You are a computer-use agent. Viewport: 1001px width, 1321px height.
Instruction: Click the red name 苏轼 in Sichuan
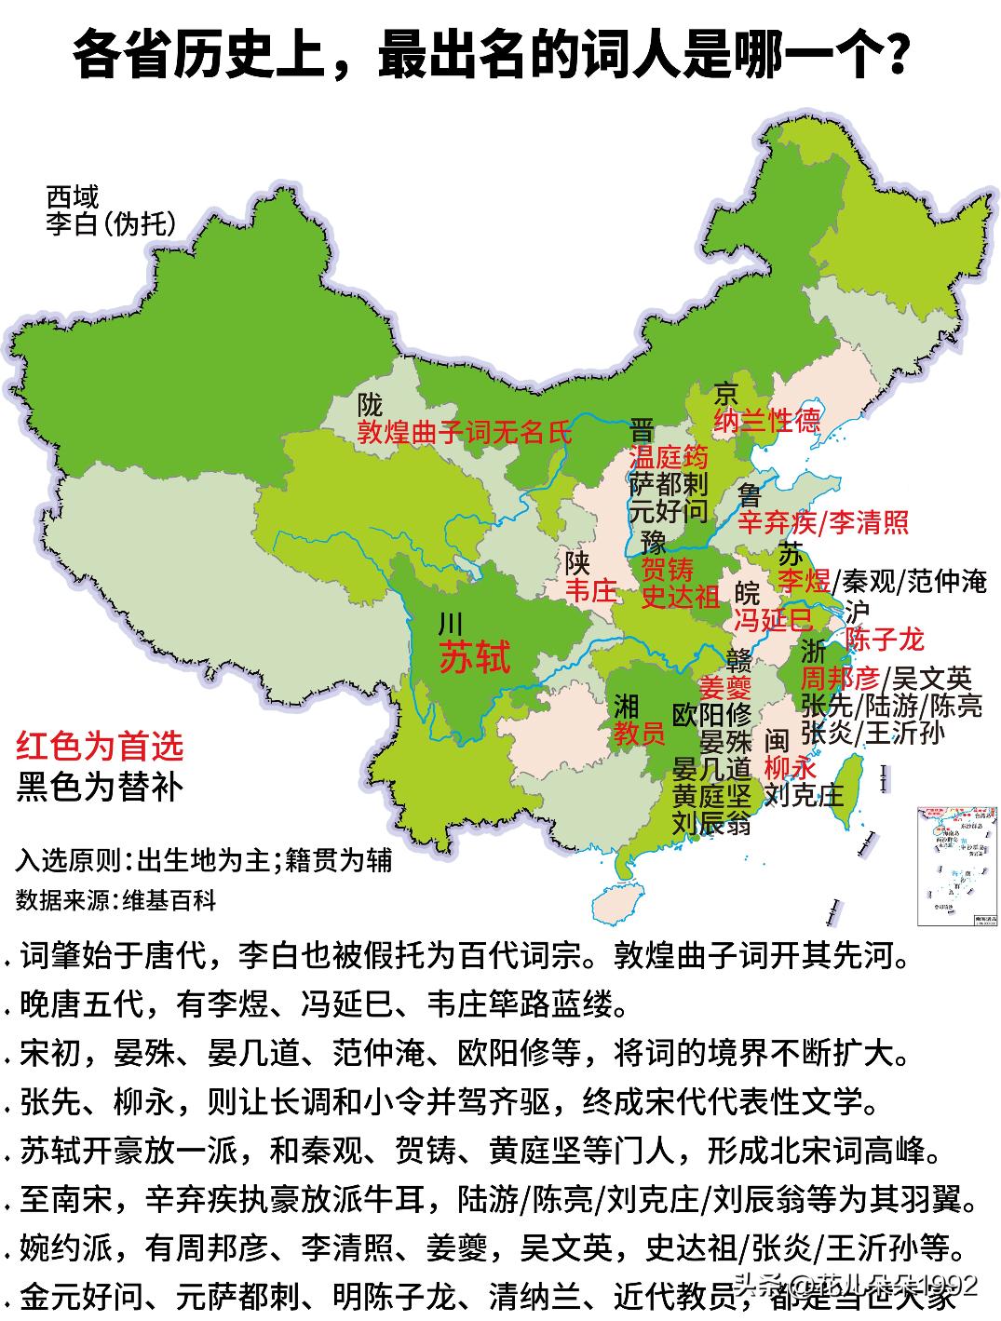pos(475,658)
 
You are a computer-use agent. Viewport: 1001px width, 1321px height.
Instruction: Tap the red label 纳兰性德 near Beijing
pos(767,421)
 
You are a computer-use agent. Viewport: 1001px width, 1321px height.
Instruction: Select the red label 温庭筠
pos(669,457)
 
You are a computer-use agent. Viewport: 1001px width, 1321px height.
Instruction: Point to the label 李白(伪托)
pos(110,224)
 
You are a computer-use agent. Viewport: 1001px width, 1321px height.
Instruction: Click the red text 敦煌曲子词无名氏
pos(465,432)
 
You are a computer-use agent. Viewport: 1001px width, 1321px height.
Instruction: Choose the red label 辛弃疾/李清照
pos(823,521)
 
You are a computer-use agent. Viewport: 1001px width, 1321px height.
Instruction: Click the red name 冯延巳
pos(772,619)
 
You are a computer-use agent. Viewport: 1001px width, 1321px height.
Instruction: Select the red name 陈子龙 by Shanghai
pos(884,639)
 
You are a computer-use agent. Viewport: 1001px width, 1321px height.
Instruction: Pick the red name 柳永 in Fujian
pos(790,768)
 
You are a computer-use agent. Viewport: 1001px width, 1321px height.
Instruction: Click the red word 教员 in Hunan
pos(639,735)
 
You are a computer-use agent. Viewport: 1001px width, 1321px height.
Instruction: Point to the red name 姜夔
pos(725,688)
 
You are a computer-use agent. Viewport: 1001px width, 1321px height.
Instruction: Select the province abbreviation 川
pos(451,622)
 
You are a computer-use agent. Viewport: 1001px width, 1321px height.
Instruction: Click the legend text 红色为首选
pos(100,747)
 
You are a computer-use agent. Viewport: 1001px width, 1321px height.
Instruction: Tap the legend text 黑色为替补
pos(100,788)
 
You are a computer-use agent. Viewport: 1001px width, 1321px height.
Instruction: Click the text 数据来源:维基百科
pos(116,900)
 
